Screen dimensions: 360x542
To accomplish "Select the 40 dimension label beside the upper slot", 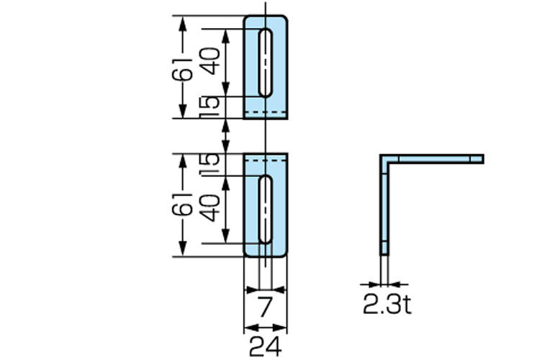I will click(x=210, y=61).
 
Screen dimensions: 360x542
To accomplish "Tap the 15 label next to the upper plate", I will click(x=209, y=107).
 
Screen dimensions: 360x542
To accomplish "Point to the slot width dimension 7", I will click(x=265, y=307).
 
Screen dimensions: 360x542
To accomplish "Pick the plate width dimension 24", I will click(x=265, y=346).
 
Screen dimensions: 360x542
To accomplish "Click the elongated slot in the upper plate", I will click(x=266, y=63).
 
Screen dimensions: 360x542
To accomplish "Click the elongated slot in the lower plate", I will click(x=266, y=209).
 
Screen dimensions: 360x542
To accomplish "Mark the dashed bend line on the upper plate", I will click(x=266, y=113).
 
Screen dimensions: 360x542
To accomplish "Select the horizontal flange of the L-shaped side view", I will click(x=435, y=158).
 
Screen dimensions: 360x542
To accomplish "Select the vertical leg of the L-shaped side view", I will click(x=385, y=209).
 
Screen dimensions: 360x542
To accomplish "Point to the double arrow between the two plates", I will click(x=227, y=135).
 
